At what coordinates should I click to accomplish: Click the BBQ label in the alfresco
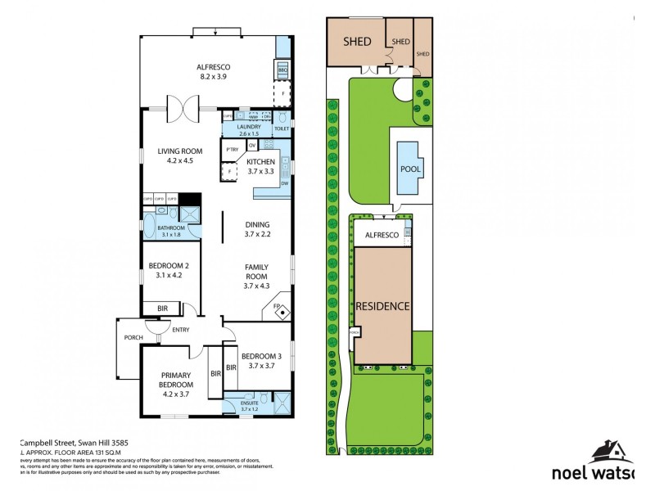tap(282, 71)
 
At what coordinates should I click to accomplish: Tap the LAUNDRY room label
tap(248, 126)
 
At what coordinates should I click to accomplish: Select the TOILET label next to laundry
tap(282, 129)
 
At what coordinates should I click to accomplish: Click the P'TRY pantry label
tap(232, 149)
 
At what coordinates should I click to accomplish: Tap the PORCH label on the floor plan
tap(133, 337)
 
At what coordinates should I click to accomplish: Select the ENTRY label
tap(181, 330)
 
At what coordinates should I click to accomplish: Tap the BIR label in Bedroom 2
tap(160, 309)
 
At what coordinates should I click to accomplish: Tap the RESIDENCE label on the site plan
tap(382, 305)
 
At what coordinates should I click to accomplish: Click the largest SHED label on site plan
tap(357, 42)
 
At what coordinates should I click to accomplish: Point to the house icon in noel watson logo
tap(610, 451)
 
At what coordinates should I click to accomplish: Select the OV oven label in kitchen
tap(252, 145)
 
